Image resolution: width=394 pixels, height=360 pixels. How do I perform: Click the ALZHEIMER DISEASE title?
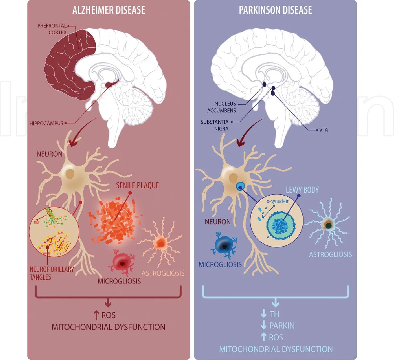tap(108, 10)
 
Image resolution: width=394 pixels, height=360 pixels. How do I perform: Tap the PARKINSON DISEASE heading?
tap(275, 10)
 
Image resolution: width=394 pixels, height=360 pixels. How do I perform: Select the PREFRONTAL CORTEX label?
tap(52, 29)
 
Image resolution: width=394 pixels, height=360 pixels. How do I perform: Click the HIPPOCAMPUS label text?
tap(46, 123)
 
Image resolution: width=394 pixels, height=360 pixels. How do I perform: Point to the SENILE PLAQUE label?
tap(137, 185)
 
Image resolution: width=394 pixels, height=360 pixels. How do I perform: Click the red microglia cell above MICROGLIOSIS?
tap(121, 263)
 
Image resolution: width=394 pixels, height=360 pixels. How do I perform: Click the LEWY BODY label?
tap(302, 190)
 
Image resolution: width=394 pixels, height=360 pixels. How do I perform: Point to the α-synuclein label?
tap(278, 201)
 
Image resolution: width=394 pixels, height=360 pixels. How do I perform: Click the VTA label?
tap(323, 130)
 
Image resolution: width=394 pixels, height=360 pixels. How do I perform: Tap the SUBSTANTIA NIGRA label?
tap(215, 125)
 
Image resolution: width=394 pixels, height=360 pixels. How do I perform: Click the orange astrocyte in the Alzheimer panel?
tap(161, 243)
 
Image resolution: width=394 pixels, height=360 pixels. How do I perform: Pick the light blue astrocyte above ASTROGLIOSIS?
tap(328, 225)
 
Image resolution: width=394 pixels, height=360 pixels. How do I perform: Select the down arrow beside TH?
tap(264, 314)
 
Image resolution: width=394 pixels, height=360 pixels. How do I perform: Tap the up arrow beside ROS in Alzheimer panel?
tap(96, 315)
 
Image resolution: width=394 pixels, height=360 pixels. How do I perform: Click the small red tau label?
tap(36, 222)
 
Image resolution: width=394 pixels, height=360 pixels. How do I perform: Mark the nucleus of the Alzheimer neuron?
tap(70, 173)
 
